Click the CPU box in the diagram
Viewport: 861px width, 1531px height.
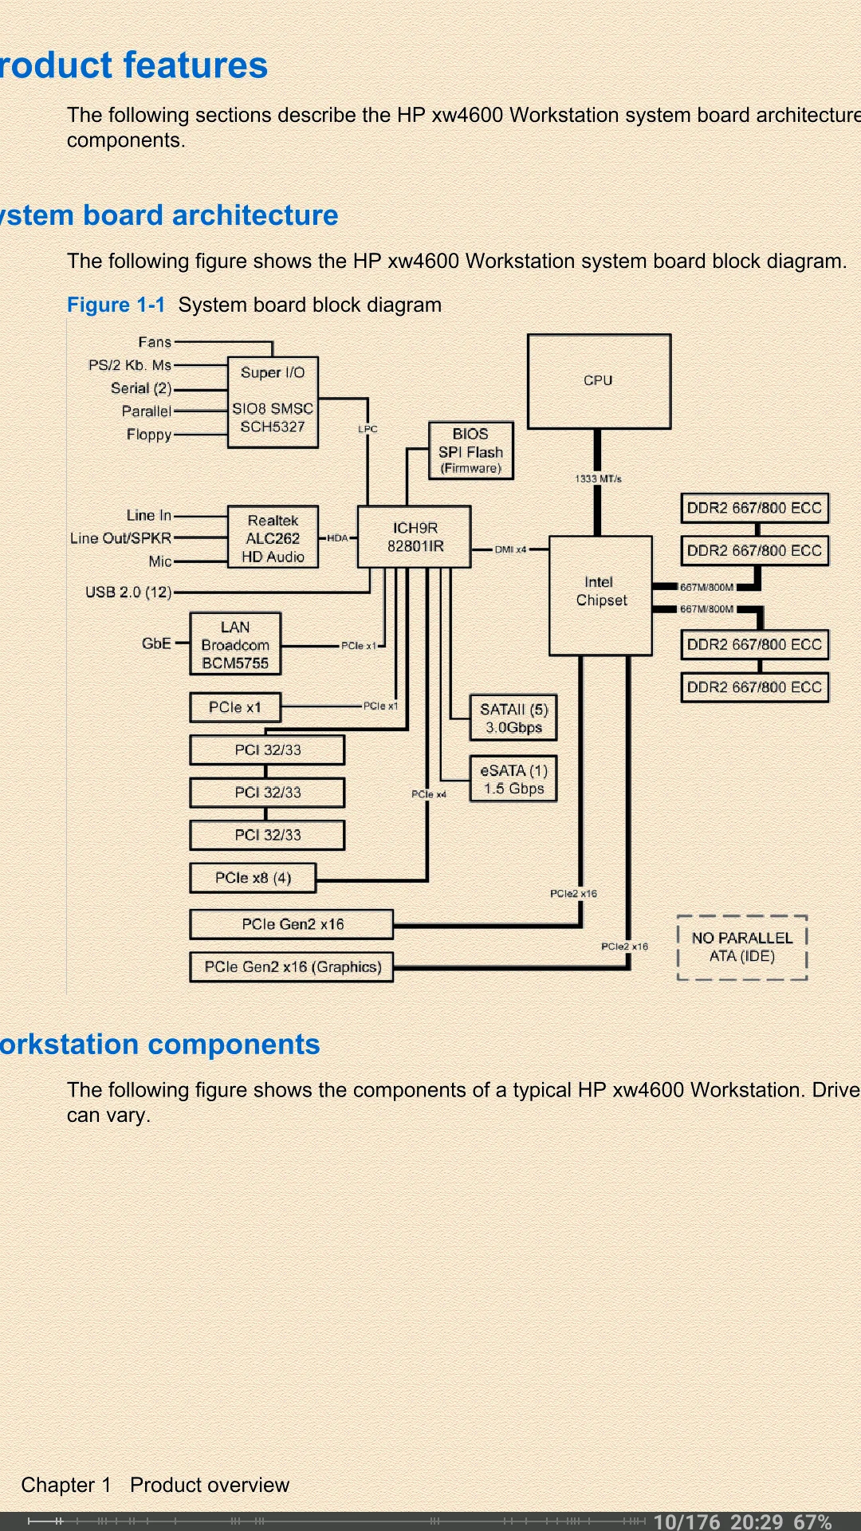pyautogui.click(x=599, y=381)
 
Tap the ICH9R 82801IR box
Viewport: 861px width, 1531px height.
pyautogui.click(x=415, y=537)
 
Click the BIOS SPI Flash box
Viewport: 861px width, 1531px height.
pyautogui.click(x=470, y=451)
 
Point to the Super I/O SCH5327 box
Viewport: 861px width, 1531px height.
pyautogui.click(x=273, y=401)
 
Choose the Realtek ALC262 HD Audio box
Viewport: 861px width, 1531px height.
pyautogui.click(x=273, y=538)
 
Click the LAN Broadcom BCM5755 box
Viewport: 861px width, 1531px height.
pyautogui.click(x=235, y=644)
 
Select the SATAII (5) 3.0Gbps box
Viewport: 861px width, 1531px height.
pyautogui.click(x=513, y=718)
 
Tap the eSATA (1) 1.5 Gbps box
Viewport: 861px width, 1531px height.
pyautogui.click(x=513, y=779)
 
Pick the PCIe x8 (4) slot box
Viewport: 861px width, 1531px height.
pyautogui.click(x=253, y=878)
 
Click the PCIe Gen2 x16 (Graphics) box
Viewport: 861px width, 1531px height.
pyautogui.click(x=292, y=966)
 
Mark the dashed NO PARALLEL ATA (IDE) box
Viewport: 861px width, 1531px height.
pyautogui.click(x=742, y=947)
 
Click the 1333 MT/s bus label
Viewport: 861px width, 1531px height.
pyautogui.click(x=598, y=478)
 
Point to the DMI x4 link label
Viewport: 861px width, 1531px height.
pyautogui.click(x=510, y=549)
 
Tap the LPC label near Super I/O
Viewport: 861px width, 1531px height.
pyautogui.click(x=368, y=429)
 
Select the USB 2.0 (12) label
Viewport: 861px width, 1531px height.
pyautogui.click(x=128, y=592)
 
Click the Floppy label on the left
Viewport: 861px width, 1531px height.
pyautogui.click(x=149, y=435)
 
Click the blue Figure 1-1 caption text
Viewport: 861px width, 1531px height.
pyautogui.click(x=116, y=305)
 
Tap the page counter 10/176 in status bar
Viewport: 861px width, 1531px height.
pyautogui.click(x=686, y=1521)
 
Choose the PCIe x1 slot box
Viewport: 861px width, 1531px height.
pyautogui.click(x=235, y=707)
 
